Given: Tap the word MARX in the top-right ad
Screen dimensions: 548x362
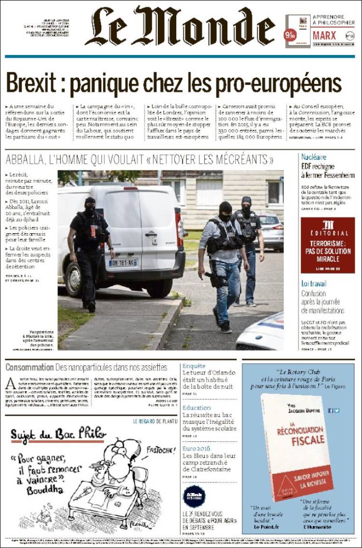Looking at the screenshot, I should [324, 35].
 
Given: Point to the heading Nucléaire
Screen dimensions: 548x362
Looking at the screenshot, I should [313, 157].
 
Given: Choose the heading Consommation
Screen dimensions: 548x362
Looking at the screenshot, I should [29, 367].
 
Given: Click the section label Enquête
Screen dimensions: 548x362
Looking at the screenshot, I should [194, 366].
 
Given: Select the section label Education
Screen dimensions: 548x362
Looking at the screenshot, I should [196, 408].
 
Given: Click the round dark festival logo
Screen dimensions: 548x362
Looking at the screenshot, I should [194, 496].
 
